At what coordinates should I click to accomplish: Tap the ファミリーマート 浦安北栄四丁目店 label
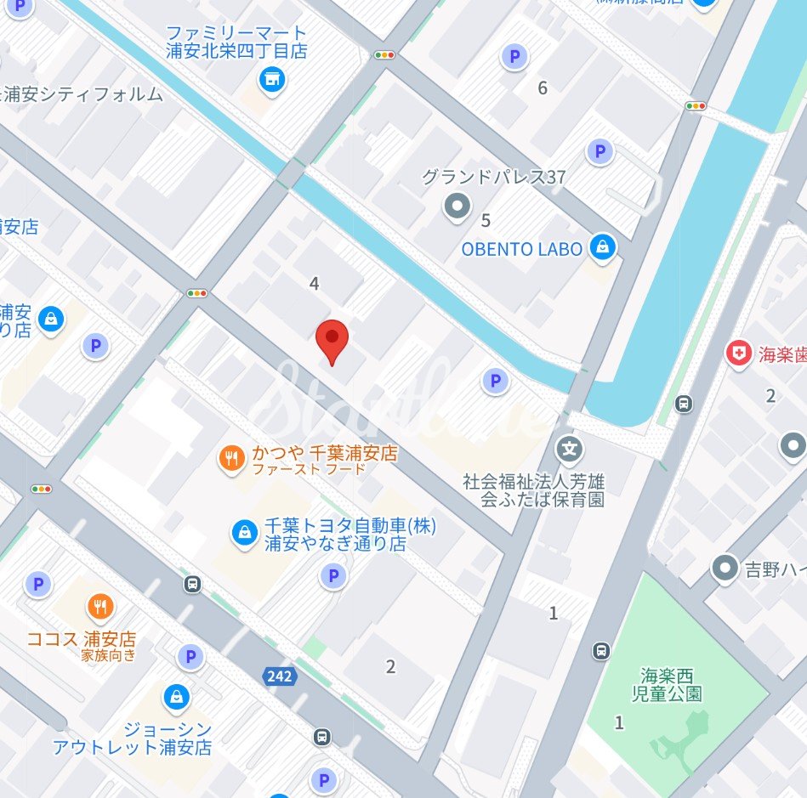[x=236, y=42]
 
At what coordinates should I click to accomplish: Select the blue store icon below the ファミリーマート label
[x=272, y=81]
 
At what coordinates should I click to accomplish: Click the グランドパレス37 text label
[x=494, y=178]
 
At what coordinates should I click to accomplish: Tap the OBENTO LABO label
[x=522, y=249]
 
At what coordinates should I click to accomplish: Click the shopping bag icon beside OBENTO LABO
[x=603, y=247]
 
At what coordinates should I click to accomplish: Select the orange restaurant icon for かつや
[x=231, y=460]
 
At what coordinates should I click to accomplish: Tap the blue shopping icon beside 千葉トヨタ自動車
[x=245, y=533]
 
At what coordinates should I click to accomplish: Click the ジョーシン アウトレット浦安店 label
[x=132, y=739]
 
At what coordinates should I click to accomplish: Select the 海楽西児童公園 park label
[x=672, y=684]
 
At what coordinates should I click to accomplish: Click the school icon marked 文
[x=569, y=448]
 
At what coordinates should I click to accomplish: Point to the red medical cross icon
[x=737, y=354]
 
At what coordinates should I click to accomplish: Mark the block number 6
[x=543, y=88]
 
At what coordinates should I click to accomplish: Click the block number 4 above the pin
[x=315, y=283]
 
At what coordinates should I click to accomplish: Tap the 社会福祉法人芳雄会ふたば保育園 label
[x=533, y=490]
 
